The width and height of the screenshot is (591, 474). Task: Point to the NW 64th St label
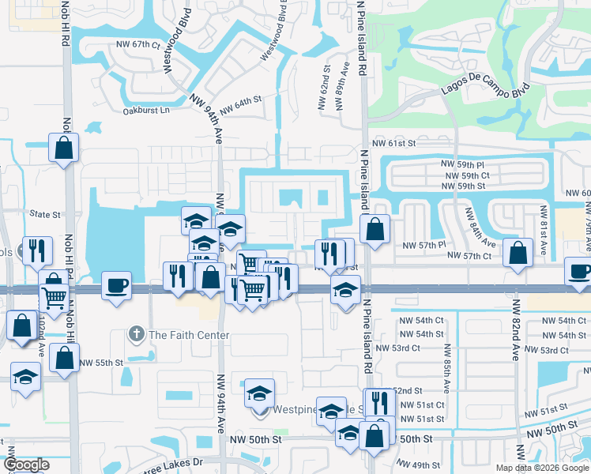pyautogui.click(x=240, y=103)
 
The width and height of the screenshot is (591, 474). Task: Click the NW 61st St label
pyautogui.click(x=395, y=143)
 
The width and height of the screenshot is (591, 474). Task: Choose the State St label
pyautogui.click(x=45, y=214)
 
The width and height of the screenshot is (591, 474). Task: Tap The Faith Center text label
pyautogui.click(x=189, y=335)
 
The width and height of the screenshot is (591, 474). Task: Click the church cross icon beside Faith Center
pyautogui.click(x=137, y=335)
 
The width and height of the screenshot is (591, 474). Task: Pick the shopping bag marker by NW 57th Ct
pyautogui.click(x=518, y=254)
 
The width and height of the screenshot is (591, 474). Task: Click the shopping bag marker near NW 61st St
pyautogui.click(x=63, y=147)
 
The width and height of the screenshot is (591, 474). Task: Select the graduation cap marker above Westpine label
pyautogui.click(x=259, y=393)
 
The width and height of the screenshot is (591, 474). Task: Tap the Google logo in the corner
pyautogui.click(x=25, y=465)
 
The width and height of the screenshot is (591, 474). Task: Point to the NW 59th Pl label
pyautogui.click(x=466, y=164)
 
